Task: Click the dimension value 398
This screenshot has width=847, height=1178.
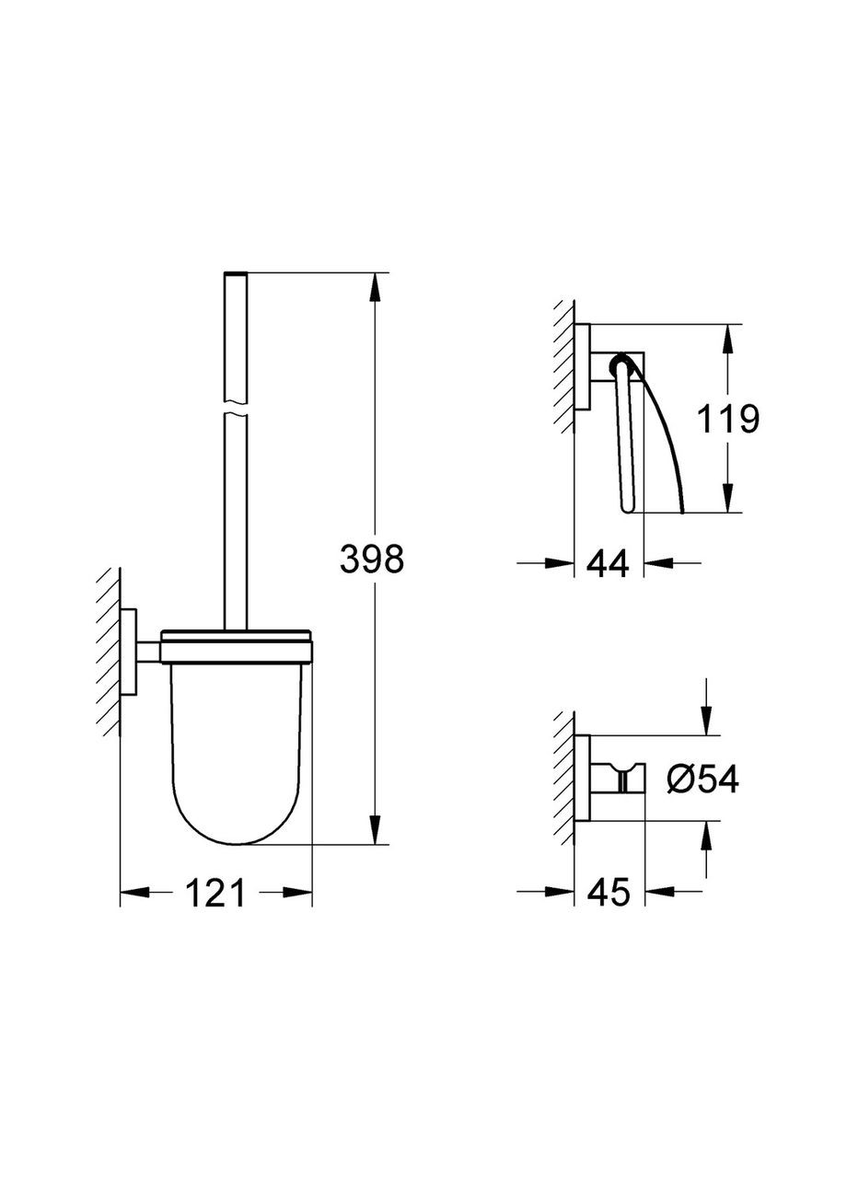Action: (372, 559)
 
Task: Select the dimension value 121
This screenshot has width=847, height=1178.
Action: (216, 892)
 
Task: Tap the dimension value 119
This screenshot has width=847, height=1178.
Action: (727, 420)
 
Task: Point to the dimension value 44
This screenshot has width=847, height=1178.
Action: (608, 562)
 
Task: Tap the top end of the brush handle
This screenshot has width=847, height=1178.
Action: (236, 274)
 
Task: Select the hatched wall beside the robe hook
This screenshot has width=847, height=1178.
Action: (563, 778)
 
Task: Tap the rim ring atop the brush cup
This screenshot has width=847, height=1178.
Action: (238, 635)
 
